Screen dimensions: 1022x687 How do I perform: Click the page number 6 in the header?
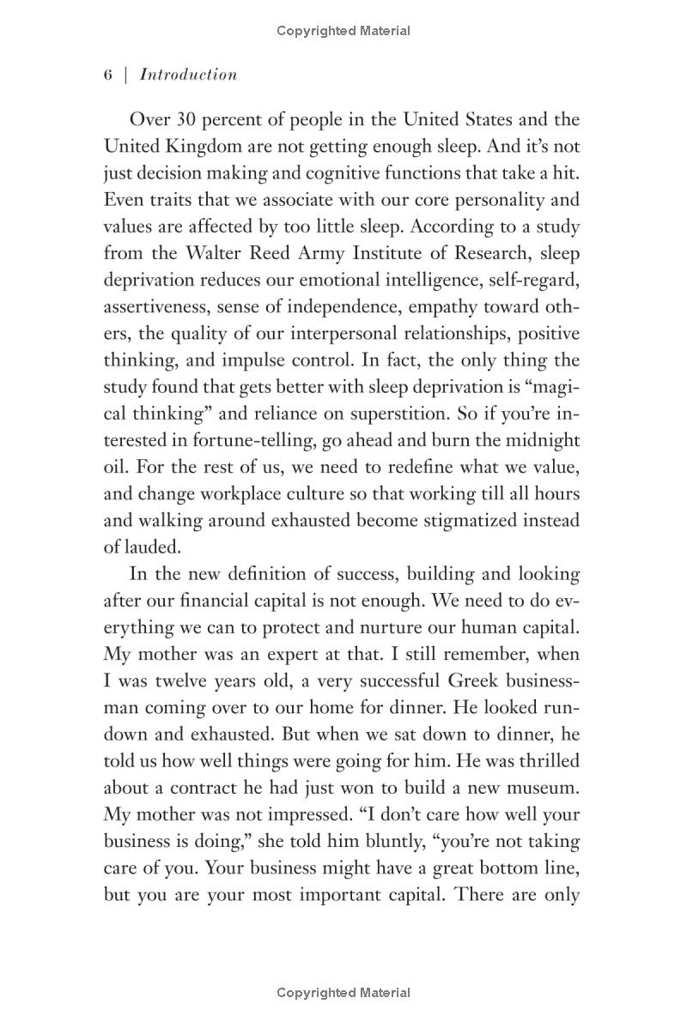coord(108,75)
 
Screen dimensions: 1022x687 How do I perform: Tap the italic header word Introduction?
coord(188,75)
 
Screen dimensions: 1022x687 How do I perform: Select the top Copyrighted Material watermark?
coord(343,31)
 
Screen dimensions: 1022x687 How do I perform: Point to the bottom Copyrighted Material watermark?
coord(343,993)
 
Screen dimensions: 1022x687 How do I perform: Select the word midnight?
coord(537,440)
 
